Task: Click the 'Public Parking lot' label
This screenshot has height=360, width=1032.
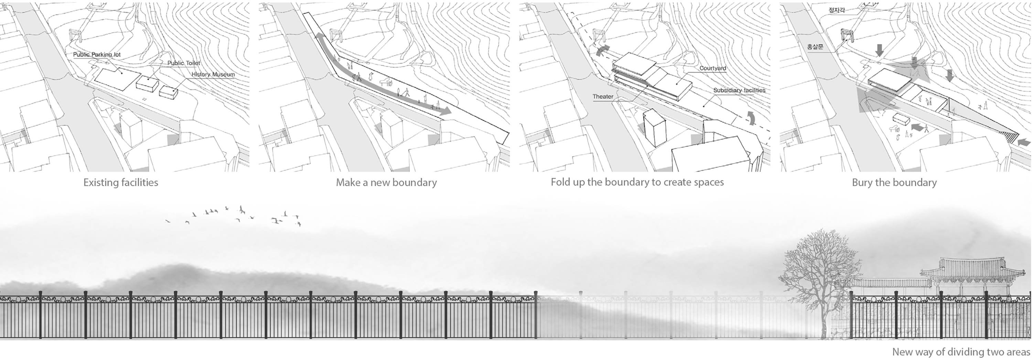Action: tap(97, 54)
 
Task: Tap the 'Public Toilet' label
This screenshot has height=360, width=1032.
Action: tap(183, 63)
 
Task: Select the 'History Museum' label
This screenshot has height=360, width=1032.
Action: tap(213, 75)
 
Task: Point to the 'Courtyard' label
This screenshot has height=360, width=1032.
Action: tap(713, 68)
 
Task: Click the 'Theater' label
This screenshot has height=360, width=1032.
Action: tap(603, 97)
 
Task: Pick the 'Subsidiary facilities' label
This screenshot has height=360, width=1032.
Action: tap(739, 90)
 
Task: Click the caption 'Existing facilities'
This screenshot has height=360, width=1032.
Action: tap(121, 183)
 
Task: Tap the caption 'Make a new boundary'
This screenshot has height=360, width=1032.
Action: tap(386, 183)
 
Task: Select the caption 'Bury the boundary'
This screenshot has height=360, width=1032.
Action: tap(894, 183)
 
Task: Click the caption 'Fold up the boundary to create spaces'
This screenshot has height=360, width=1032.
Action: tap(637, 182)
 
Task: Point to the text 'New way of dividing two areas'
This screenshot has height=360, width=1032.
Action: tap(961, 352)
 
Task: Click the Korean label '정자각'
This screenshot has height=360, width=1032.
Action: tap(837, 10)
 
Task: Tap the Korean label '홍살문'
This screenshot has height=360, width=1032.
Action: tap(815, 47)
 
